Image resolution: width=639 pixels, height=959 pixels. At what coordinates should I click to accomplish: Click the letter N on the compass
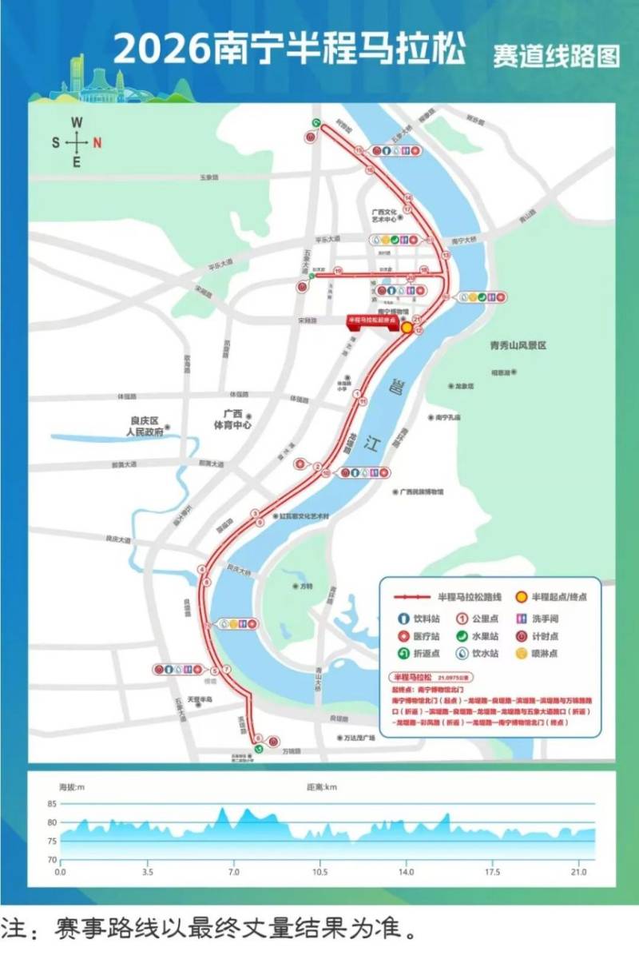pos(97,143)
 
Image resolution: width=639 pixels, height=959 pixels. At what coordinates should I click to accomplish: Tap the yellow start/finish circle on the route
pos(407,327)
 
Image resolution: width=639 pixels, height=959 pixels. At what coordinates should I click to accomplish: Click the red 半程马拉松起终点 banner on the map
pos(371,320)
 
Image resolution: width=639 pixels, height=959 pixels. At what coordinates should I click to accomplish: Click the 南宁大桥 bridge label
pos(463,240)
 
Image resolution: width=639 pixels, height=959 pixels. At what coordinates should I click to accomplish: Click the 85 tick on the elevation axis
pos(52,803)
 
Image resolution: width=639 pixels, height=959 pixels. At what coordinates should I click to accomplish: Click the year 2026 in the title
pos(162,50)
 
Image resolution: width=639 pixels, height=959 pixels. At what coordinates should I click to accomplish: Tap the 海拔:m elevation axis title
pos(66,787)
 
